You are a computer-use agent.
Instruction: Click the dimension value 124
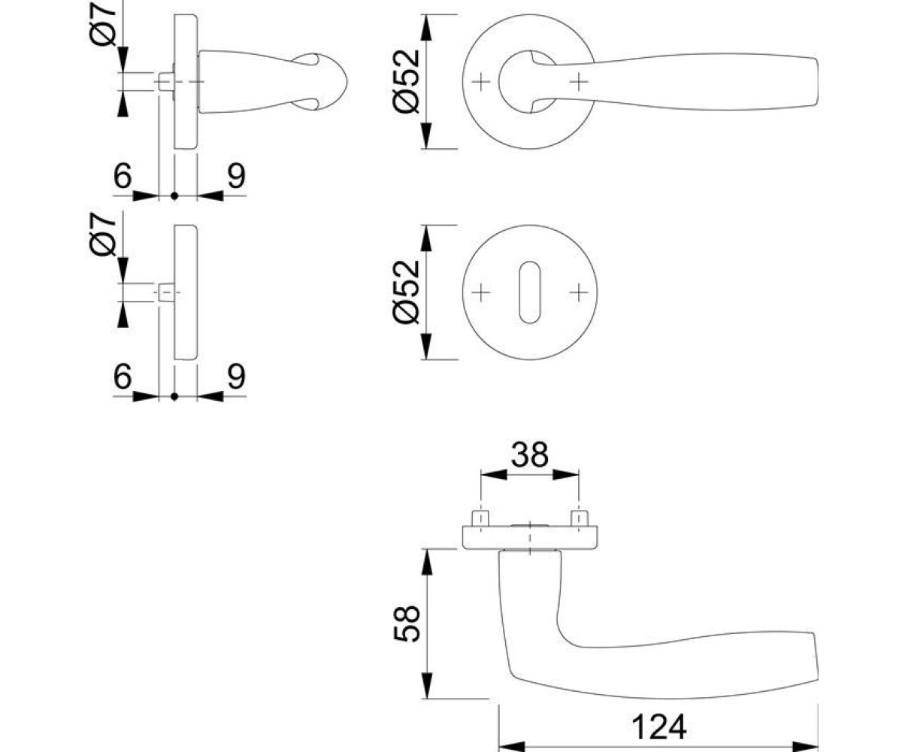(x=658, y=727)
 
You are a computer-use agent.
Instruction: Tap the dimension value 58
(x=407, y=623)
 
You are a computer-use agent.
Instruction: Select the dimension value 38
(x=530, y=454)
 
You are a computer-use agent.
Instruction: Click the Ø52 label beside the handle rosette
(x=407, y=81)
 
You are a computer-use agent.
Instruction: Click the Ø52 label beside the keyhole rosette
(x=407, y=292)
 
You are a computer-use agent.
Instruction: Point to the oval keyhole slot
(x=530, y=293)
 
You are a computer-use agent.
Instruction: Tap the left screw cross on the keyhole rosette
(x=481, y=293)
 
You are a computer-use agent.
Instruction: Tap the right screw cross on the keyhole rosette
(x=579, y=293)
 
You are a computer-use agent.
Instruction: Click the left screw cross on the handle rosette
(x=481, y=82)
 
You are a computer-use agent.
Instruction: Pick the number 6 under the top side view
(x=123, y=175)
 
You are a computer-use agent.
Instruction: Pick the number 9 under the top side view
(x=236, y=175)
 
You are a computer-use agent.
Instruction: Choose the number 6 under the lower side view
(x=123, y=376)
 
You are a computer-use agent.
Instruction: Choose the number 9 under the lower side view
(x=236, y=376)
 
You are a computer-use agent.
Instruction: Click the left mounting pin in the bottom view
(x=480, y=518)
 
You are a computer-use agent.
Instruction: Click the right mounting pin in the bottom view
(x=580, y=518)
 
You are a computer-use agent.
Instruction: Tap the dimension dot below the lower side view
(x=174, y=396)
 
